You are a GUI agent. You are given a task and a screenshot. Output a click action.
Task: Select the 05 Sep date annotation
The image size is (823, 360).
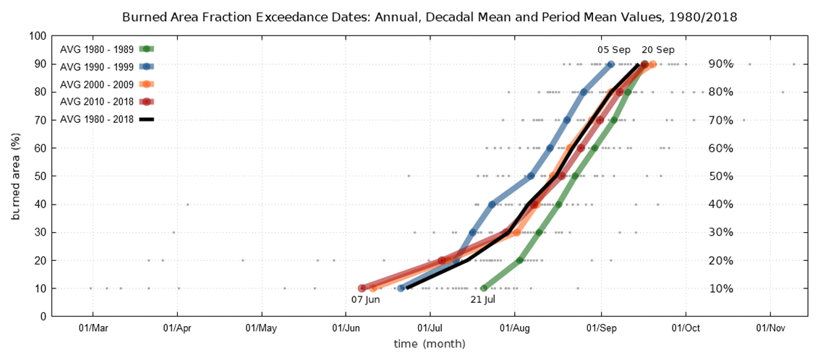point(613,50)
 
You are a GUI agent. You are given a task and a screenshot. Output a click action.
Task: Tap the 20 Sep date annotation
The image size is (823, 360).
point(658,50)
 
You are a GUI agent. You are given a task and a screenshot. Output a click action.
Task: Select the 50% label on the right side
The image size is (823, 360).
point(720,176)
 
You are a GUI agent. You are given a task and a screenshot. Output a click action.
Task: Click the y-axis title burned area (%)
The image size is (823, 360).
point(15,176)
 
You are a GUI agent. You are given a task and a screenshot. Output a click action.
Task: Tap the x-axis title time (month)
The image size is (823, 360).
point(430,344)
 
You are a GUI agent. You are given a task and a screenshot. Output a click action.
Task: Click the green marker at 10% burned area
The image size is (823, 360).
point(485,288)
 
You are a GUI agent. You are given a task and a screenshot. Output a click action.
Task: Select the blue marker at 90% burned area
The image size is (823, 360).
point(611,64)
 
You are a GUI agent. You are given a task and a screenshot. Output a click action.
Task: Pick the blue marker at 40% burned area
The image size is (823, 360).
point(492,205)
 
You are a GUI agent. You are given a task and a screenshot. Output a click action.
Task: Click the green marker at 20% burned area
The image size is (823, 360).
point(520,260)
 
